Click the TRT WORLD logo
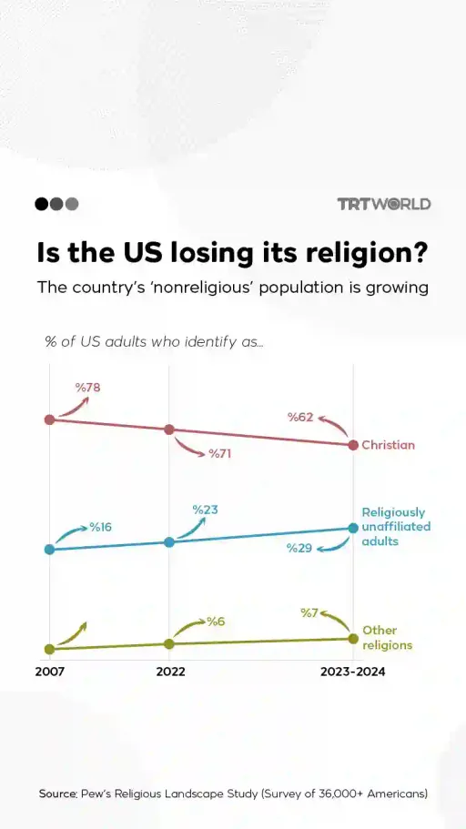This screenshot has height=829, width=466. pos(383,204)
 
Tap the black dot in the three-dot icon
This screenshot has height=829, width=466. pos(41,204)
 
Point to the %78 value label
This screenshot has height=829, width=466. pos(87,388)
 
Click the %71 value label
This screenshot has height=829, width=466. pos(219,453)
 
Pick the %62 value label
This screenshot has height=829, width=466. pos(300,418)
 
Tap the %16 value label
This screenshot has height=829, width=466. pos(100,527)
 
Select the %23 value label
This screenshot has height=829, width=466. pos(205,510)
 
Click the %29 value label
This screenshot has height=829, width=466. pos(299,548)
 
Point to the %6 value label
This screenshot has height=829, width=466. pos(215,622)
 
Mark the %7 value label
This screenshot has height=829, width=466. pos(309,612)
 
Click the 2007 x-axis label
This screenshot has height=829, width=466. pos(50,672)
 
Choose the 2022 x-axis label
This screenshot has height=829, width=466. pos(170,672)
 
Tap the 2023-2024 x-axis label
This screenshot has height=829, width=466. pos(352,672)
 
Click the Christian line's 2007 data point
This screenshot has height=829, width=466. pos(50,420)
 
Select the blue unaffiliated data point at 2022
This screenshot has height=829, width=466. pos(169,542)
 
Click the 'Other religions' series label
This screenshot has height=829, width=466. pos(387,637)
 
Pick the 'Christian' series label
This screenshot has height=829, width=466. pos(388,445)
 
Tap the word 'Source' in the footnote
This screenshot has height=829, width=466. pos(57,794)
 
